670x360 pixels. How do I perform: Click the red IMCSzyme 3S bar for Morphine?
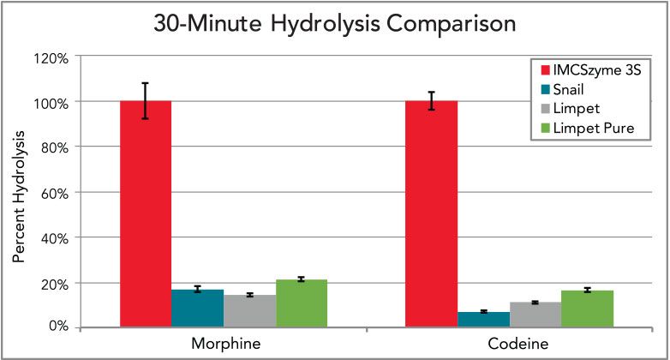click(x=146, y=214)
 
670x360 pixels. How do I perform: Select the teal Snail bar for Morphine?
click(x=197, y=309)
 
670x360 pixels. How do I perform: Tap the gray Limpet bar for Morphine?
click(x=249, y=311)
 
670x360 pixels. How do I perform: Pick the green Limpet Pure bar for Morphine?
click(x=302, y=303)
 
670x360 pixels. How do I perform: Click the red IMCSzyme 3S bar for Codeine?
click(x=431, y=214)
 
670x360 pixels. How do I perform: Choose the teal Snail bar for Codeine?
click(x=483, y=319)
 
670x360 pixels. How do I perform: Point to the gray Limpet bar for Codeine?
click(x=535, y=315)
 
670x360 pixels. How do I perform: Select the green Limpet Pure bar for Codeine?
click(x=588, y=309)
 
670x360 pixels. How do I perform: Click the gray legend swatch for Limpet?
click(x=538, y=110)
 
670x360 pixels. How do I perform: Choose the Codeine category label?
click(x=509, y=343)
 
